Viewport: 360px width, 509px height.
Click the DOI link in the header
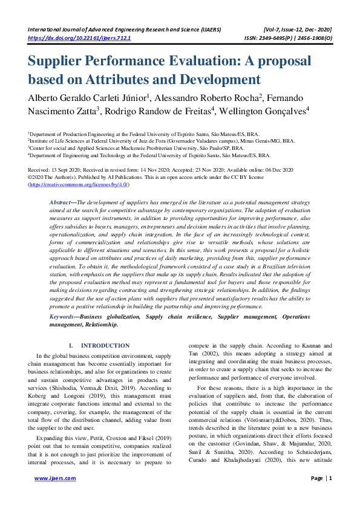coord(80,37)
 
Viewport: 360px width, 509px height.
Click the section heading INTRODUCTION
coord(105,345)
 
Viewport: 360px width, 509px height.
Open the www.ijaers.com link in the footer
coord(55,494)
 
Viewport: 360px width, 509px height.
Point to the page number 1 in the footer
coord(330,494)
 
